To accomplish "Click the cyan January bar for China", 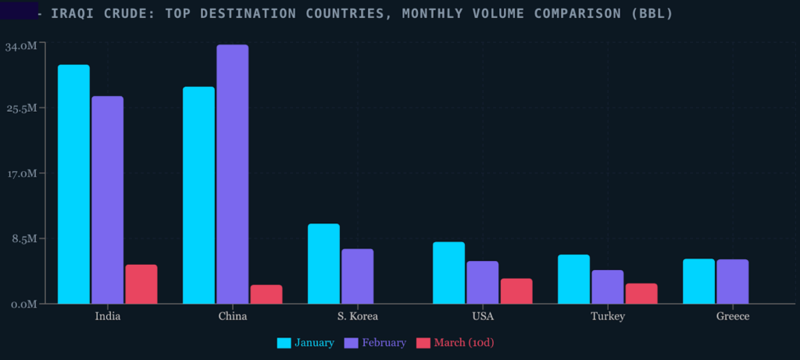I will click(x=198, y=194).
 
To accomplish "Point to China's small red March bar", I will click(x=266, y=294).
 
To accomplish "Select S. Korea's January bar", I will click(x=323, y=263).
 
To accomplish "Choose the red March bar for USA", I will click(x=516, y=290).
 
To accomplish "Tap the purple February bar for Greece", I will click(x=732, y=281).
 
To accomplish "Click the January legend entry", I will click(x=306, y=343).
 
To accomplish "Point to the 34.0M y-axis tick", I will click(x=21, y=46).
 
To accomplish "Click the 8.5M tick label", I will click(x=23, y=238).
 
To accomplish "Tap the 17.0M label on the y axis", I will click(x=21, y=173).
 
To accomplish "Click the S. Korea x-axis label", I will click(x=358, y=316).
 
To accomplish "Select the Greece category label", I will click(x=732, y=316).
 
